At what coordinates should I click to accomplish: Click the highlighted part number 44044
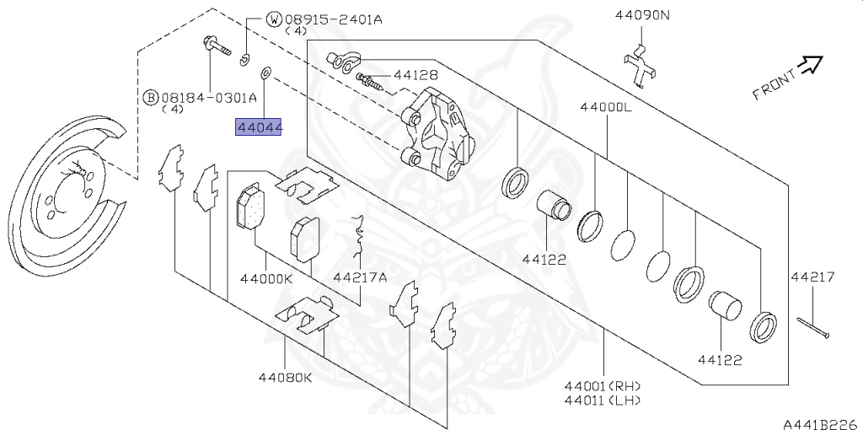[x=259, y=128]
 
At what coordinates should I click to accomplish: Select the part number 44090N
[x=642, y=15]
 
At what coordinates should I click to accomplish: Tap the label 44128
[x=415, y=74]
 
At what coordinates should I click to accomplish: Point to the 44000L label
[x=606, y=107]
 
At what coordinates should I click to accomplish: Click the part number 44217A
[x=360, y=277]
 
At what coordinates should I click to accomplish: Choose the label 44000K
[x=266, y=278]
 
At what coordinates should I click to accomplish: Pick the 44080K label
[x=285, y=378]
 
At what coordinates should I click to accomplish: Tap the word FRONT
[x=775, y=83]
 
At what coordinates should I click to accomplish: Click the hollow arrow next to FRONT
[x=811, y=64]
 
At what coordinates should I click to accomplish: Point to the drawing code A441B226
[x=823, y=423]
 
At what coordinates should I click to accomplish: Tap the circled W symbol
[x=274, y=20]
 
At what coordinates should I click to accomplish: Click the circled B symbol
[x=150, y=98]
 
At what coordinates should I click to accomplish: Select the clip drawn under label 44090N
[x=640, y=65]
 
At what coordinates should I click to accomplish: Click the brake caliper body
[x=437, y=135]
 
